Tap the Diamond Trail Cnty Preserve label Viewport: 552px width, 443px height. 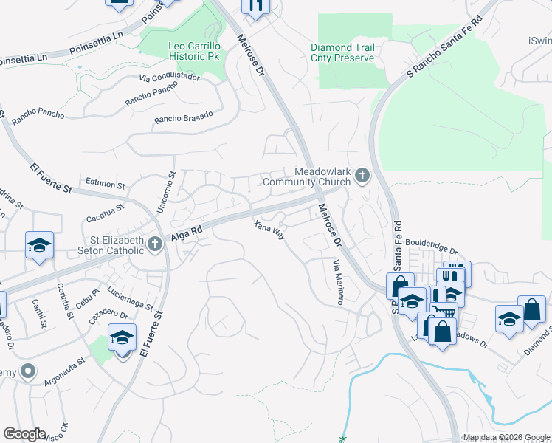click(348, 53)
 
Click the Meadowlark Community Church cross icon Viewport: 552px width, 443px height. click(362, 176)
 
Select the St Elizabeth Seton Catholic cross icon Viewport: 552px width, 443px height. click(154, 244)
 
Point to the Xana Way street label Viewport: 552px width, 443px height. click(269, 230)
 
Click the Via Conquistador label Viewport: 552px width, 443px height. click(169, 76)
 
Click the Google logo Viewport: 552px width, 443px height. click(24, 434)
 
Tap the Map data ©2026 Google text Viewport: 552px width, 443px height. click(506, 437)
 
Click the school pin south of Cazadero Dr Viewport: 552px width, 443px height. click(123, 340)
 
